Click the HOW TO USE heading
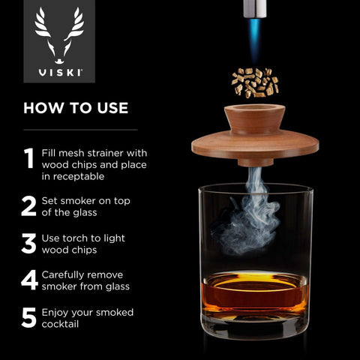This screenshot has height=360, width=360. click(x=76, y=107)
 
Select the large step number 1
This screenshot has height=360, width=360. click(x=29, y=157)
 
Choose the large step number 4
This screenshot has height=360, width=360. click(x=29, y=280)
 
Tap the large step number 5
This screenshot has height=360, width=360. click(x=29, y=317)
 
